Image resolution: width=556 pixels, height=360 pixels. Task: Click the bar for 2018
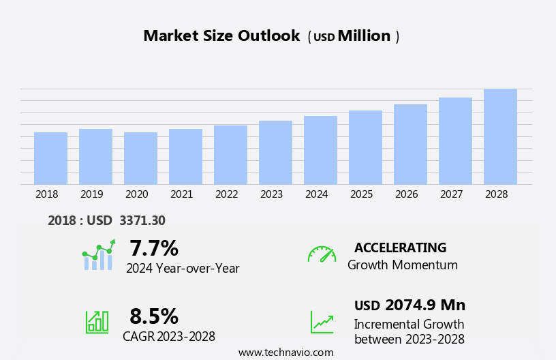pyautogui.click(x=50, y=158)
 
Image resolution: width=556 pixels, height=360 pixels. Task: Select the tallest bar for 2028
pyautogui.click(x=500, y=136)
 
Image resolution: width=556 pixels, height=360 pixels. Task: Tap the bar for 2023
pyautogui.click(x=275, y=153)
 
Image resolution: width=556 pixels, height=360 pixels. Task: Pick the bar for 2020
pyautogui.click(x=140, y=158)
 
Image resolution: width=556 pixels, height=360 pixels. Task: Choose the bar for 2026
pyautogui.click(x=410, y=145)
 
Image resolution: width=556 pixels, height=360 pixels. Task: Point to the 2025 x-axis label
pyautogui.click(x=361, y=194)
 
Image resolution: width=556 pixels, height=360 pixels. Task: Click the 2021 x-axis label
pyautogui.click(x=181, y=194)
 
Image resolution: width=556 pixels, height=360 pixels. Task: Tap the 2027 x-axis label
pyautogui.click(x=451, y=194)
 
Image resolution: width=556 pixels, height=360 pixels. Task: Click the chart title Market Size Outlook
pyautogui.click(x=221, y=36)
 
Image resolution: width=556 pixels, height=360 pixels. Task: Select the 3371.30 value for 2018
pyautogui.click(x=142, y=220)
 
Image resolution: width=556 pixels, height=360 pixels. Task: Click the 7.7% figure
pyautogui.click(x=154, y=248)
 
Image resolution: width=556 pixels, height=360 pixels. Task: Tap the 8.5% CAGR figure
pyautogui.click(x=154, y=316)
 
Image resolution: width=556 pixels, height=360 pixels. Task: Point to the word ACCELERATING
pyautogui.click(x=401, y=247)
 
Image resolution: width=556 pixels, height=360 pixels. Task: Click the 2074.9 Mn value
pyautogui.click(x=425, y=305)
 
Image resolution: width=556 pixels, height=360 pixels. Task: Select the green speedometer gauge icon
pyautogui.click(x=322, y=254)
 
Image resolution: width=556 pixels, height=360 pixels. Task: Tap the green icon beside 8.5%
pyautogui.click(x=97, y=321)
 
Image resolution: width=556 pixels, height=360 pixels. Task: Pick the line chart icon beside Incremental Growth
pyautogui.click(x=322, y=322)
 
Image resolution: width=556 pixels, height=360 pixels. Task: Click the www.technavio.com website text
pyautogui.click(x=285, y=352)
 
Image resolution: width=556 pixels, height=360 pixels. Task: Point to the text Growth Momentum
pyautogui.click(x=403, y=265)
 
